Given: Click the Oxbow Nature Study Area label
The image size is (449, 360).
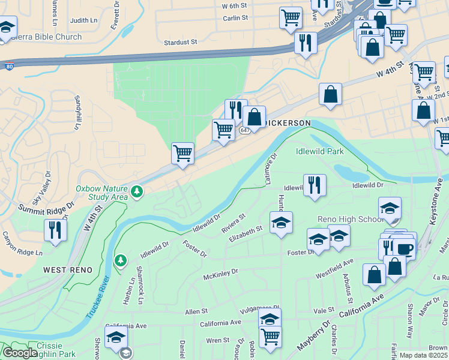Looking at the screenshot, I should (x=101, y=192).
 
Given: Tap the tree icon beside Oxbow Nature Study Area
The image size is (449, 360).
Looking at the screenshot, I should (x=138, y=191).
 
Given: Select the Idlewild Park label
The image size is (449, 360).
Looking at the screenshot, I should (x=320, y=151).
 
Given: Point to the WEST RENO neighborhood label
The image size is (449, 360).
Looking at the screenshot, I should (x=68, y=270).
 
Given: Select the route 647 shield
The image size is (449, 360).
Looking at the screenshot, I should (x=244, y=130).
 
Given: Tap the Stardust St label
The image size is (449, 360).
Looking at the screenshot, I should (x=181, y=42).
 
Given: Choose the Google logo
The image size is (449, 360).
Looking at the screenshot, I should (x=19, y=353).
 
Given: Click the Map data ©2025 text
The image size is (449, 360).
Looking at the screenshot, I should (x=423, y=355).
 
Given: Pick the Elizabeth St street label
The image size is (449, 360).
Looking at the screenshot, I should (x=246, y=233).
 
